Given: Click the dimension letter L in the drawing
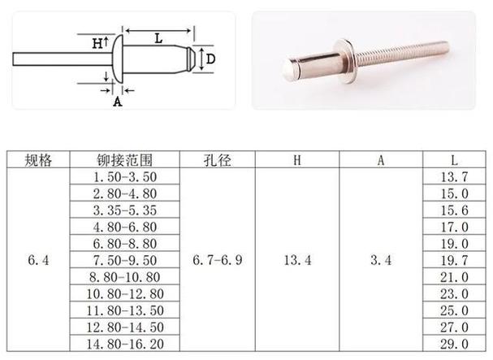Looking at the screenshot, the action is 158,39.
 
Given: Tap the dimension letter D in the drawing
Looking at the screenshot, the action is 210,59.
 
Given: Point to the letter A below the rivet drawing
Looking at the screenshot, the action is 117,102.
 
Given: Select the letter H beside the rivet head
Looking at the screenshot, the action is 97,43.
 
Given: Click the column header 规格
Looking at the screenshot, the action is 38,160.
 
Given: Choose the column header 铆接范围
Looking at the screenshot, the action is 124,160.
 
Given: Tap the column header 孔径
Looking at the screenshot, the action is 217,160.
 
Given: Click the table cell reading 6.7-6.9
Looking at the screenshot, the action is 217,260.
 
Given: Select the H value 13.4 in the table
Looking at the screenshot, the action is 297,260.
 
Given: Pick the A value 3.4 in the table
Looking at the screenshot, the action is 381,260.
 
